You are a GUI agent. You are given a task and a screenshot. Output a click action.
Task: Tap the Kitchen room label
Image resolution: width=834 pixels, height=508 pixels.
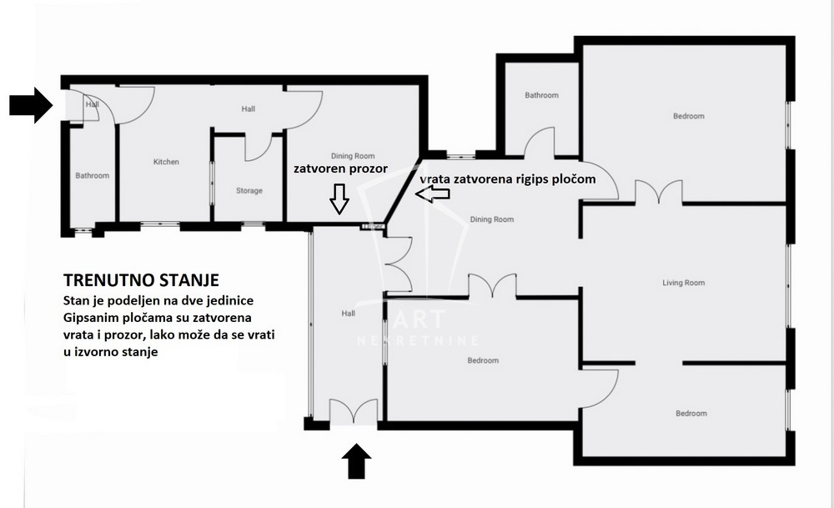point(166,162)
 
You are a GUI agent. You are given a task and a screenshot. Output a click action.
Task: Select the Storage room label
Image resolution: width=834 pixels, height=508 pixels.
point(249,191)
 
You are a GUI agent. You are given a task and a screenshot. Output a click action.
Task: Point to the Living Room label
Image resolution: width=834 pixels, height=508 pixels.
point(683,284)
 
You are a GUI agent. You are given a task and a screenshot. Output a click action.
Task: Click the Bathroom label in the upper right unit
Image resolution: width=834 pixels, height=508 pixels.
point(541,96)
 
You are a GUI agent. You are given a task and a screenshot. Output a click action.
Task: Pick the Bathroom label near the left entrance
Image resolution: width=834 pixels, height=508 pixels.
point(93,176)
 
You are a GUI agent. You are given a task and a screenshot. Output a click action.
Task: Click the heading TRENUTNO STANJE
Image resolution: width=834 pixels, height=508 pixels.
point(141,279)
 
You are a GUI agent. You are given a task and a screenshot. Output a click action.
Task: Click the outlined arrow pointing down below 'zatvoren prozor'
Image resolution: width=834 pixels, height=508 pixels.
point(339,199)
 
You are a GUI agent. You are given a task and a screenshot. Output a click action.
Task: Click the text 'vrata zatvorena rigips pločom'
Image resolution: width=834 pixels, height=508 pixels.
point(507,179)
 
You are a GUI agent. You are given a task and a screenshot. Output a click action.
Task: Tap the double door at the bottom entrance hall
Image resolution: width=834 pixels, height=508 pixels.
point(354,413)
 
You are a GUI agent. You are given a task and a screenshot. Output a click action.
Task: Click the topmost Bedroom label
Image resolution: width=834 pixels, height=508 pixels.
point(688,117)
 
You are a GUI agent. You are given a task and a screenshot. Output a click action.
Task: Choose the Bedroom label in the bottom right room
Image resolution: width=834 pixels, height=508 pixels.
point(691,414)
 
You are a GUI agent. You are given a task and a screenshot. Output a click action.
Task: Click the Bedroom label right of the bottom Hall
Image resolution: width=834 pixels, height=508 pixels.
point(483,361)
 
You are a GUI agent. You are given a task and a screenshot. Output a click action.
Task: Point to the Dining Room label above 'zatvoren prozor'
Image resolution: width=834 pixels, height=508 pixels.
point(354,156)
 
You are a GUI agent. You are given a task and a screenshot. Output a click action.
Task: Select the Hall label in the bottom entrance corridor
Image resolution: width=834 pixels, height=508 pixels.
point(348,314)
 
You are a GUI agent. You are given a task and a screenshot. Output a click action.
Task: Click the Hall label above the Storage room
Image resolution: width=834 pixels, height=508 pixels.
point(249,109)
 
